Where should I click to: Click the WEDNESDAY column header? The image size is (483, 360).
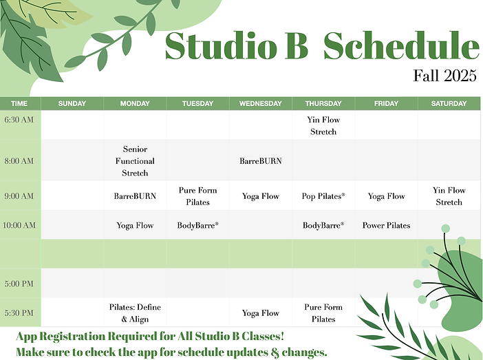pyautogui.click(x=260, y=103)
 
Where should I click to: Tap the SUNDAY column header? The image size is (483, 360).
pyautogui.click(x=72, y=103)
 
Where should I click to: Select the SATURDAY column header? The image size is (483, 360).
pyautogui.click(x=449, y=103)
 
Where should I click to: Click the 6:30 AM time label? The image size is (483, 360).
pyautogui.click(x=19, y=119)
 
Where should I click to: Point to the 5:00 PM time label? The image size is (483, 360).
pyautogui.click(x=19, y=284)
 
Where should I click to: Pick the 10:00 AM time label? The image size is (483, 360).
pyautogui.click(x=19, y=225)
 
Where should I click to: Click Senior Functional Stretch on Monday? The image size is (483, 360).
pyautogui.click(x=135, y=161)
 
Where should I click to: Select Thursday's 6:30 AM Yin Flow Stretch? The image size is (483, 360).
pyautogui.click(x=323, y=125)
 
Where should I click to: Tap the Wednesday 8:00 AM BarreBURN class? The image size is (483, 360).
pyautogui.click(x=260, y=161)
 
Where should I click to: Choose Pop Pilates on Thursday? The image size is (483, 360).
pyautogui.click(x=323, y=196)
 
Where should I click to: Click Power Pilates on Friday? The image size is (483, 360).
pyautogui.click(x=386, y=225)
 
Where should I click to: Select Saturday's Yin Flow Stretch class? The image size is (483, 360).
pyautogui.click(x=449, y=196)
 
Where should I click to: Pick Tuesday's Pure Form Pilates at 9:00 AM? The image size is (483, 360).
pyautogui.click(x=197, y=196)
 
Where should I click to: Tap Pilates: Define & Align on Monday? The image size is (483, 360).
pyautogui.click(x=135, y=313)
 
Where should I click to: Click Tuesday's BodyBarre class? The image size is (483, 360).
pyautogui.click(x=197, y=225)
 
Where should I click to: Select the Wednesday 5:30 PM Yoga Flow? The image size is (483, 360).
pyautogui.click(x=260, y=313)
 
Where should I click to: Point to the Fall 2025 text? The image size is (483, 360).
pyautogui.click(x=444, y=75)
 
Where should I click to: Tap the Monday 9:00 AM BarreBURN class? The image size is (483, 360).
pyautogui.click(x=135, y=196)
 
